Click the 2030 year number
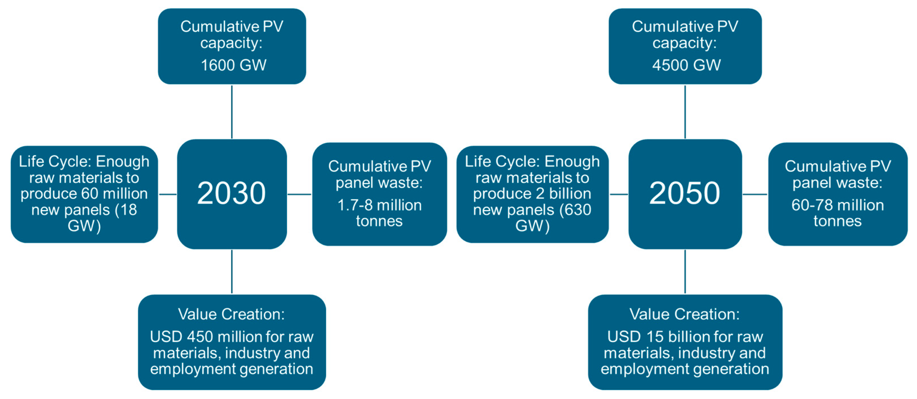click(231, 193)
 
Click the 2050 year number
click(684, 193)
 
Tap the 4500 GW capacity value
click(686, 65)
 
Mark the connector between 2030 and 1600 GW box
click(232, 111)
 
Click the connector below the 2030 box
click(232, 272)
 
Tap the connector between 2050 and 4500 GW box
click(685, 111)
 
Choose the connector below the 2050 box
click(685, 272)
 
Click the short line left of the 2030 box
click(168, 194)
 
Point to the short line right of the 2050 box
click(755, 194)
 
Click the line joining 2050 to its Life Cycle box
click(619, 194)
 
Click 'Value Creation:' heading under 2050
click(684, 314)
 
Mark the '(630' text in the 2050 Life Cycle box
click(575, 210)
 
